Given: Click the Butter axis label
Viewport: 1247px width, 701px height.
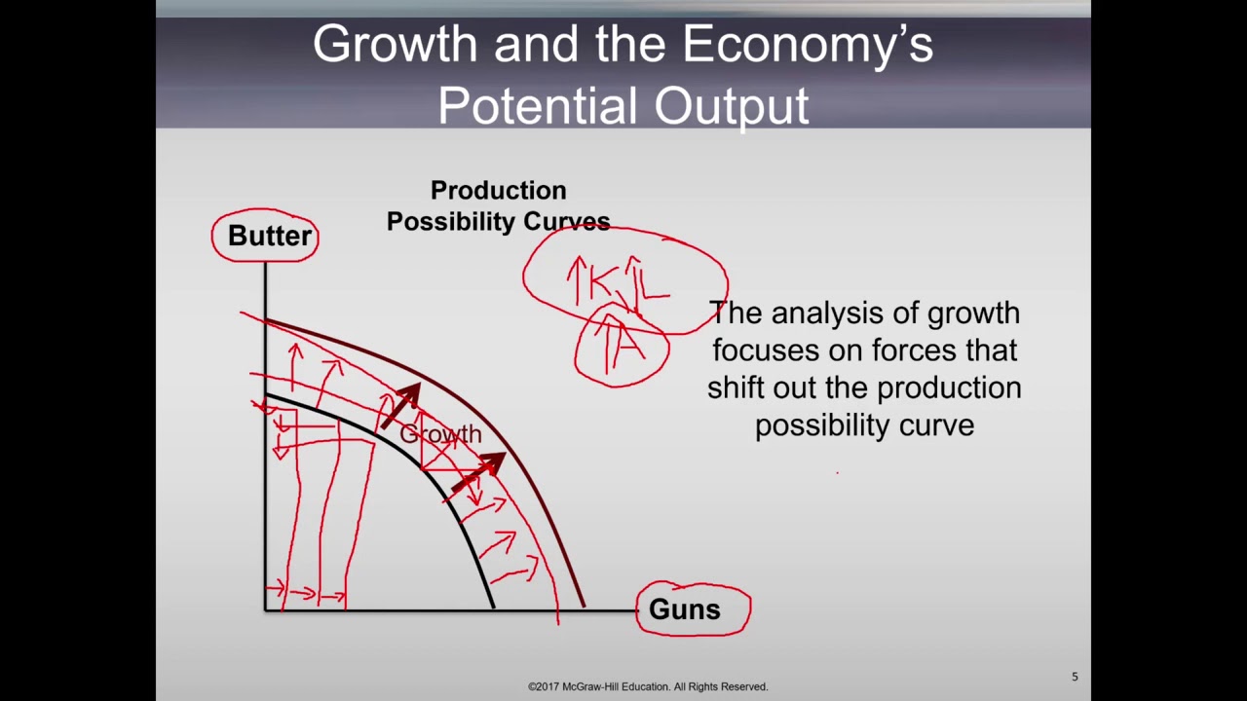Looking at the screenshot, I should click(269, 236).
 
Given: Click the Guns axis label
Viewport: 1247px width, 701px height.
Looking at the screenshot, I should click(684, 609).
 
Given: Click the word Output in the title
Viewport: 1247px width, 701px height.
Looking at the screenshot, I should click(731, 105).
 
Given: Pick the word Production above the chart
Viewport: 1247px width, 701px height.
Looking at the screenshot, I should click(498, 190).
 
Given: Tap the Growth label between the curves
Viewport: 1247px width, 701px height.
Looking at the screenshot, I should click(440, 434).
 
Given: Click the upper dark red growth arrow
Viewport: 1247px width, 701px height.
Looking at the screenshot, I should click(400, 405).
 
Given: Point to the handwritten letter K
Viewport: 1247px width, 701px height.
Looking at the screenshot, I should click(601, 282).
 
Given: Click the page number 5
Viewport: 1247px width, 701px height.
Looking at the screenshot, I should click(1075, 677).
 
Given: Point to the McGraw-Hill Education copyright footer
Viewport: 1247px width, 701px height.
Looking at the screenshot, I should click(648, 686).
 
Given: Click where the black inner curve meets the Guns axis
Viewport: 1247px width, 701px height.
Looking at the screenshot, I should click(493, 609).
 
